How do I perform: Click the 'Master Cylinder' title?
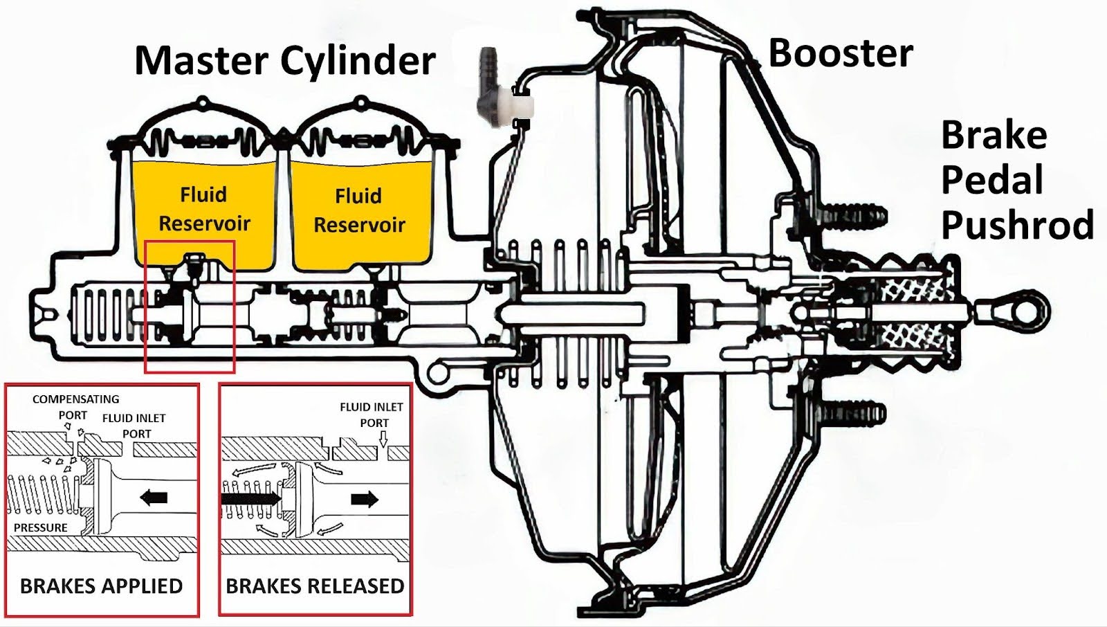click(284, 61)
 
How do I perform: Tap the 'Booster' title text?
click(840, 53)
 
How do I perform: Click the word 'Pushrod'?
click(1017, 225)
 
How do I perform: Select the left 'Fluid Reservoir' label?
click(203, 209)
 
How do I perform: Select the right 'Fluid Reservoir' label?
click(358, 210)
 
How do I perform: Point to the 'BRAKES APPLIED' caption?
click(101, 586)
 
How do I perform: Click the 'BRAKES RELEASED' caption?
click(315, 586)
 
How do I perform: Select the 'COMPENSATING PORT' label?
click(75, 407)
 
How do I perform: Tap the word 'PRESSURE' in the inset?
click(40, 527)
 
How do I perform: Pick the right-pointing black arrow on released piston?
click(365, 498)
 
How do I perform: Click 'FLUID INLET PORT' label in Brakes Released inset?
click(372, 415)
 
